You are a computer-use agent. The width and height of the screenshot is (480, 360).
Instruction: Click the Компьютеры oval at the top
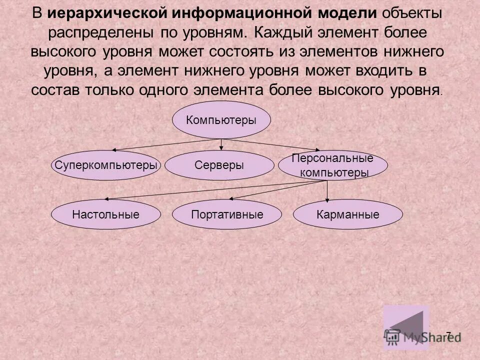tap(221, 120)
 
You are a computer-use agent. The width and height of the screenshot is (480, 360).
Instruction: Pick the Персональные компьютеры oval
tap(332, 165)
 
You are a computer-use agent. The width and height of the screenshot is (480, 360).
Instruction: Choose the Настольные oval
tap(105, 215)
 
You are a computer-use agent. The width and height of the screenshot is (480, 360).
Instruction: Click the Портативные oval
tap(227, 215)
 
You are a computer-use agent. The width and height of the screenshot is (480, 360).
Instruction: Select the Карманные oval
tap(347, 215)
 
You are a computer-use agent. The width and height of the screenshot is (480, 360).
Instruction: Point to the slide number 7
tap(448, 335)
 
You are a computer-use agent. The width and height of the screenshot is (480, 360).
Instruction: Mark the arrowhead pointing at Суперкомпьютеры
tap(114, 149)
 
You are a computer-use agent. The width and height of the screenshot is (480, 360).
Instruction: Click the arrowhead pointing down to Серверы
tap(221, 148)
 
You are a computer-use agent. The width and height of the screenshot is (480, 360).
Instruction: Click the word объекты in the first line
tap(413, 13)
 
